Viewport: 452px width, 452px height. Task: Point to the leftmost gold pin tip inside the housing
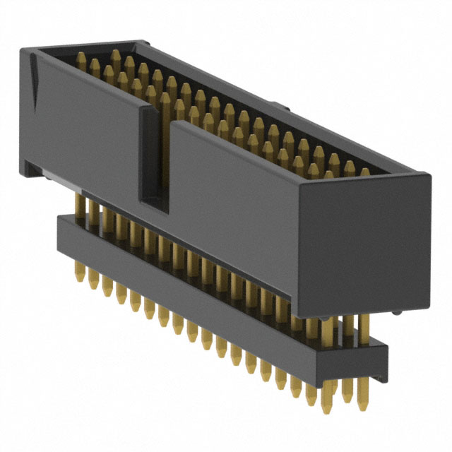[x=78, y=56]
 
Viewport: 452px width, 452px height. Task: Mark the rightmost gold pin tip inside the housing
[x=364, y=172]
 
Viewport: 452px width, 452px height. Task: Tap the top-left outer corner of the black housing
[x=20, y=48]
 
